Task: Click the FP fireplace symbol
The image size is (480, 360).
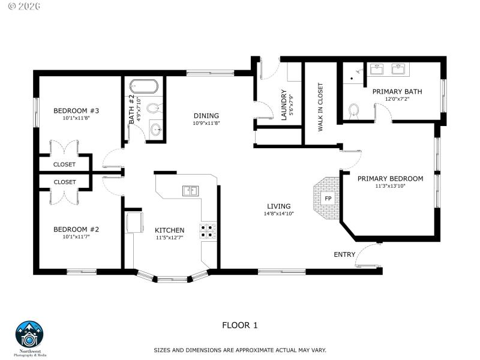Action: [328, 199]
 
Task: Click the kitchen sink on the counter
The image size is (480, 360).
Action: [190, 191]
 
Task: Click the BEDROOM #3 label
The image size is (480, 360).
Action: [76, 110]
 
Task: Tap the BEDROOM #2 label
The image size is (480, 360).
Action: [76, 229]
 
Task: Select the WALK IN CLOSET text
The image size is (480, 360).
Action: [320, 107]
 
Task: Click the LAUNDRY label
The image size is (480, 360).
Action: [284, 105]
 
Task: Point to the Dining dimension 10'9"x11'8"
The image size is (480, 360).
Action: [206, 124]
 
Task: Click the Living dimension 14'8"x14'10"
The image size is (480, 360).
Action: [279, 214]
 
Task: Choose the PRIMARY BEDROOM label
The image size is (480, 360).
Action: [390, 178]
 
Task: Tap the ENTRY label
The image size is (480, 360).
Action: [344, 254]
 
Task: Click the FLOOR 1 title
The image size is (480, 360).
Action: [239, 326]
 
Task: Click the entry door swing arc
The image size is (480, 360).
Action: [367, 256]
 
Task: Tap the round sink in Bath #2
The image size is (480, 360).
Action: [155, 128]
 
